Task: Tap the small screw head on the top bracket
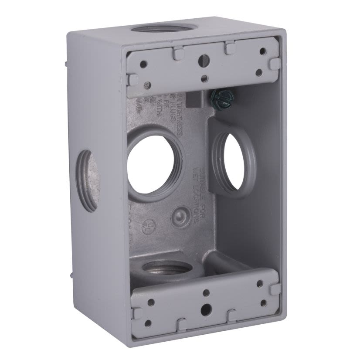[148, 85]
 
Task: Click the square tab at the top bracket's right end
[274, 64]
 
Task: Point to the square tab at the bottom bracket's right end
[275, 289]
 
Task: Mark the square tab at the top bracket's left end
[133, 80]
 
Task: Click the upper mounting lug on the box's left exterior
[66, 64]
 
